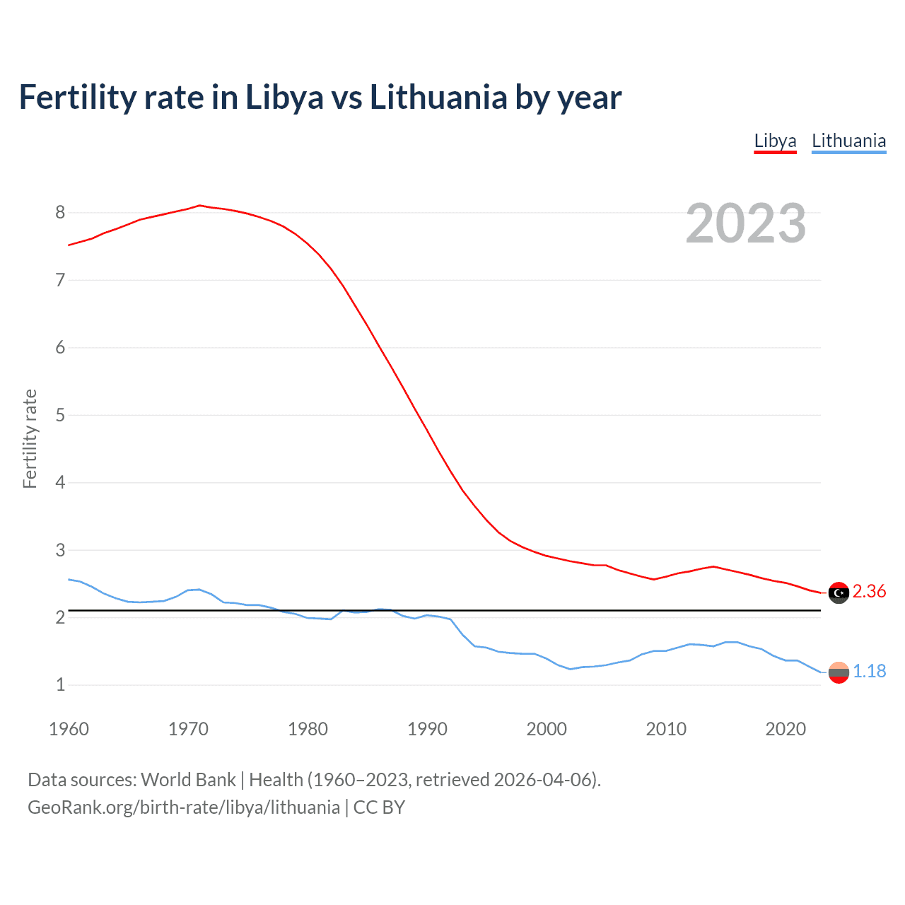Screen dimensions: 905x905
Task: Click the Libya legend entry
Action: point(775,141)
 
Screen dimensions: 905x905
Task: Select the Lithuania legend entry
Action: point(848,141)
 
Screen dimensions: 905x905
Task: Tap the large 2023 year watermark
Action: point(746,223)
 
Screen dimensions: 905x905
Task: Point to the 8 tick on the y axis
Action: point(60,212)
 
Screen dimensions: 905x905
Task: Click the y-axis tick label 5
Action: point(60,415)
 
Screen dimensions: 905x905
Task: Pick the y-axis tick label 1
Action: point(60,685)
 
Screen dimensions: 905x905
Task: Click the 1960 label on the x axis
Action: point(69,729)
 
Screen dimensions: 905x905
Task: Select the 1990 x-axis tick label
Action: point(427,729)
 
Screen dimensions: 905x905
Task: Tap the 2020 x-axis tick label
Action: point(786,729)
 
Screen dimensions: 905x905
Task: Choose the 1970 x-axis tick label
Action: point(188,729)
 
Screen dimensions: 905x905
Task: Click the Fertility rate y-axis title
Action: point(30,438)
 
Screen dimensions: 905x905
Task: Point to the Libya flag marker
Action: point(839,592)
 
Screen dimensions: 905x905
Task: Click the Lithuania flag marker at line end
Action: point(839,672)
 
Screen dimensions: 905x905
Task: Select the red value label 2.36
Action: point(869,592)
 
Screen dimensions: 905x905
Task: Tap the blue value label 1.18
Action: point(869,672)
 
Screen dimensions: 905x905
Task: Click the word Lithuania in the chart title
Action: point(438,98)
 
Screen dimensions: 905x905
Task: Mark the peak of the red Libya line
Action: point(199,205)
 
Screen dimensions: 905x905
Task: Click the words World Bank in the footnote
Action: point(188,780)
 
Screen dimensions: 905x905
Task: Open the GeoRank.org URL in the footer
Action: point(184,807)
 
